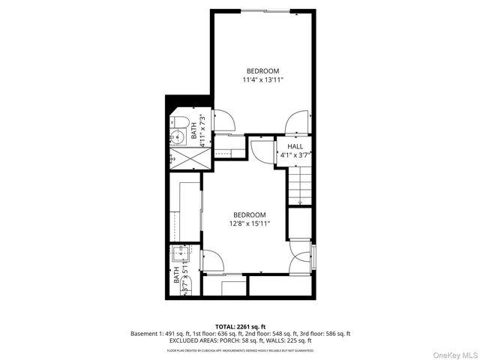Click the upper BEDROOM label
[262, 70]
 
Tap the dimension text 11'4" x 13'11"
[262, 79]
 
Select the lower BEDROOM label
[249, 214]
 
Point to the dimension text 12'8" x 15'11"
[249, 223]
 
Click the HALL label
[294, 147]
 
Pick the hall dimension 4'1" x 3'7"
[294, 155]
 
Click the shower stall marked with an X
[183, 159]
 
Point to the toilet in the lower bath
[187, 285]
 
